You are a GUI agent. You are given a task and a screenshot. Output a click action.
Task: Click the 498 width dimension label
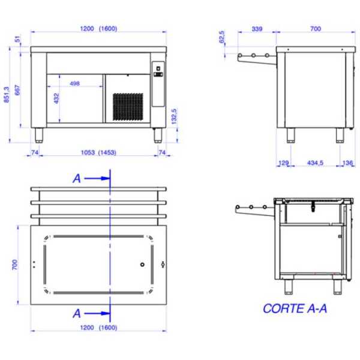click(74, 83)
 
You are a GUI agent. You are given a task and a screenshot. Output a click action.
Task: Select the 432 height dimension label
click(56, 98)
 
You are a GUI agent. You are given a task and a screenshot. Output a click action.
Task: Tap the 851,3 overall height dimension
click(7, 95)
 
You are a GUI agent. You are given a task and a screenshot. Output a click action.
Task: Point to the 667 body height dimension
click(17, 90)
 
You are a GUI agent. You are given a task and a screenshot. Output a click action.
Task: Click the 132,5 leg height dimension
click(174, 116)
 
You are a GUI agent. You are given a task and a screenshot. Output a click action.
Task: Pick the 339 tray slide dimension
click(257, 29)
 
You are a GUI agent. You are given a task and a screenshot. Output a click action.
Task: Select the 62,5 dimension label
click(222, 37)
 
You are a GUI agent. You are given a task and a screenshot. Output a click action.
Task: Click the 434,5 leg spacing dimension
click(315, 163)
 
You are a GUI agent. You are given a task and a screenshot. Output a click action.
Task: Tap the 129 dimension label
click(283, 163)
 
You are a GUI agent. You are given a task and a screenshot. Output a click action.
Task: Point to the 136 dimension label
click(347, 163)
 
